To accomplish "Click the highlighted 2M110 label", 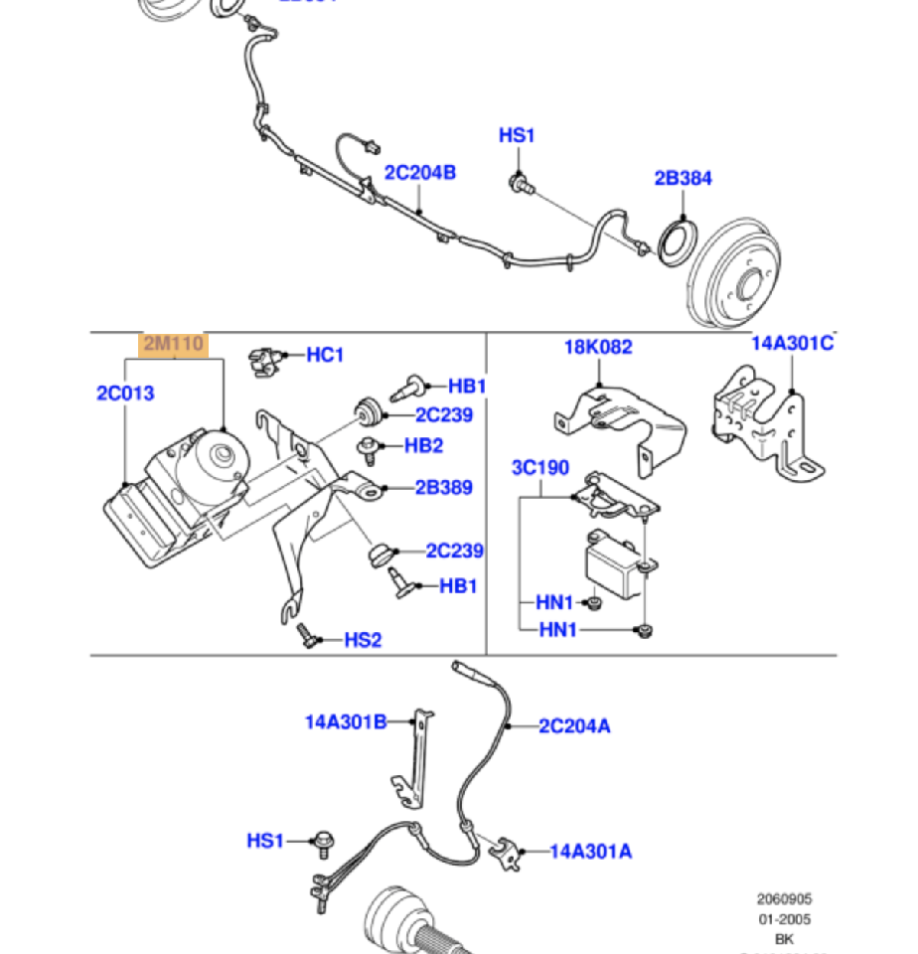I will (x=174, y=345).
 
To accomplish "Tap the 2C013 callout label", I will (x=125, y=393).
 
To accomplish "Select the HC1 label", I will (x=325, y=354).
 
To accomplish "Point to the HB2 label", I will (x=423, y=445).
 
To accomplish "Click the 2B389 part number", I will (x=443, y=488).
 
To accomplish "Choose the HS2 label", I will (x=363, y=640).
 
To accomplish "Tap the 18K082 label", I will (x=598, y=347).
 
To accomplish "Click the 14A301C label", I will (x=791, y=343).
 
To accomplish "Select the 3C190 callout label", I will (x=540, y=468).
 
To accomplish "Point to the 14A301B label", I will (x=346, y=721).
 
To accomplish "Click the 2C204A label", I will (x=574, y=726).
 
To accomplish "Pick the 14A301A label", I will (x=591, y=851).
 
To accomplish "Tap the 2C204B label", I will (x=420, y=173).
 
